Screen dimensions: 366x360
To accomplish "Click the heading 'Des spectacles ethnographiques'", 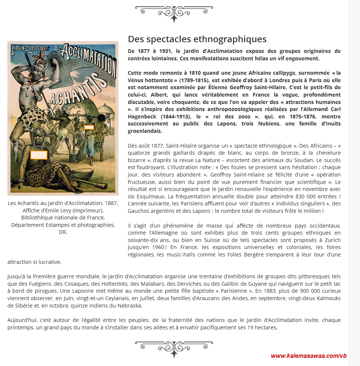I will [197, 39].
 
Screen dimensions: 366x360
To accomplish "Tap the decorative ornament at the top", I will [174, 13].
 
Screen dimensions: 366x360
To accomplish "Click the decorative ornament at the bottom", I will [174, 348].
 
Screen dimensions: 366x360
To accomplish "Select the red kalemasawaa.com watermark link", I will [309, 356].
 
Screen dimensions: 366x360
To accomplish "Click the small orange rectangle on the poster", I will [89, 127].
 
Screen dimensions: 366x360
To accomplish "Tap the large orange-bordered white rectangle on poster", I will [39, 155].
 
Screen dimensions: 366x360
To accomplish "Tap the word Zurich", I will [331, 240].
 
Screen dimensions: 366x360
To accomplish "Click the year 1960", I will [160, 247].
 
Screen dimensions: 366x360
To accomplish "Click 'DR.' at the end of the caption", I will [63, 232].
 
